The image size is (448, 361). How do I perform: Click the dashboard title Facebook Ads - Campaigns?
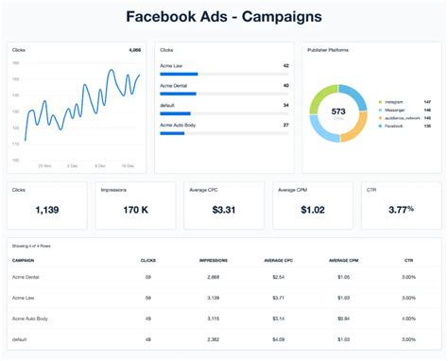(x=223, y=16)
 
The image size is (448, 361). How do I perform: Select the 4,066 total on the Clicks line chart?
(x=134, y=48)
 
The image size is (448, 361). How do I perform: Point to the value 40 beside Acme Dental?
(x=285, y=85)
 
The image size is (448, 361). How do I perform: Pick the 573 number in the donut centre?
(x=337, y=112)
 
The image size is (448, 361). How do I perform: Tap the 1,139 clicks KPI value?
(x=46, y=211)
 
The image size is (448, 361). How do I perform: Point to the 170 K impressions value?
(x=135, y=211)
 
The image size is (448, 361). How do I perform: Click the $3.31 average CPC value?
(x=223, y=211)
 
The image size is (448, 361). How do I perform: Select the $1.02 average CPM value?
(x=312, y=211)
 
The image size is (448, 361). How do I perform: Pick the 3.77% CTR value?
(x=401, y=211)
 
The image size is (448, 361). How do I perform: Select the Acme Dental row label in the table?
(x=26, y=277)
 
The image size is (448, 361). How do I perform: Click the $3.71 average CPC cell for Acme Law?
(x=277, y=298)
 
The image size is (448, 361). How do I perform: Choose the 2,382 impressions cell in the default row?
(x=214, y=337)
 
